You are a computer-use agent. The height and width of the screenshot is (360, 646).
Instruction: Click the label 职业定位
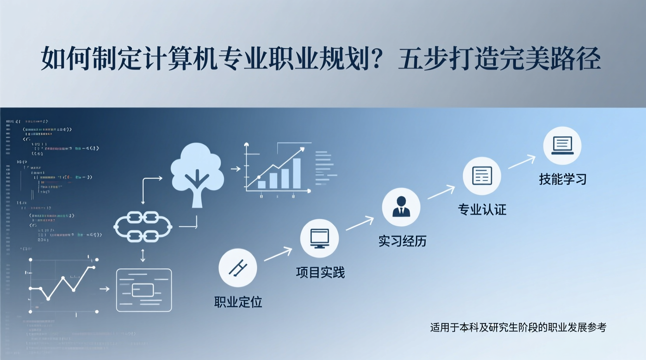238,302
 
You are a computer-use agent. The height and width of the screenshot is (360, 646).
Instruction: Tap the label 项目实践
320,272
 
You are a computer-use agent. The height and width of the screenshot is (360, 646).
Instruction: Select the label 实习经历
402,241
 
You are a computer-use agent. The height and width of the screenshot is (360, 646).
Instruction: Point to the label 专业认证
482,209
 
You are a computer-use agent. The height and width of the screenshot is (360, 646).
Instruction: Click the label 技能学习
563,179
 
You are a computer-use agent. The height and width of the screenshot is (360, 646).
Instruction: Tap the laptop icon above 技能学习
562,146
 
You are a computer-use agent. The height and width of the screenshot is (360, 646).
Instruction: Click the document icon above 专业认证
482,176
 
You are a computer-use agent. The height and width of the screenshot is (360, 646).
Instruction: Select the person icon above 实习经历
401,207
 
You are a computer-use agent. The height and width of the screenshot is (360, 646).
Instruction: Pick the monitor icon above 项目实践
320,238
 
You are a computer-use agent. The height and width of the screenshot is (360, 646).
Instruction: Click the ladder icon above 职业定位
238,268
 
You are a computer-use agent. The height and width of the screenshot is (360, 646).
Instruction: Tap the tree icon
197,173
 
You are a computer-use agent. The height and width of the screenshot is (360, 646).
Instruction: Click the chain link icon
143,227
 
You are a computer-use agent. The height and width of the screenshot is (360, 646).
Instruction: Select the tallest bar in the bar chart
297,173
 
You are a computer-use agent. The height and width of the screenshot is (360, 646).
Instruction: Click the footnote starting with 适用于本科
518,327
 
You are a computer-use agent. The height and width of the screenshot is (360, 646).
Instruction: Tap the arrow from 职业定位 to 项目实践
278,254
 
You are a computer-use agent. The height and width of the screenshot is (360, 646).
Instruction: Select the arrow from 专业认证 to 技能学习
522,162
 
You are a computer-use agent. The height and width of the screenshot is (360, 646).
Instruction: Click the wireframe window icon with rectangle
144,290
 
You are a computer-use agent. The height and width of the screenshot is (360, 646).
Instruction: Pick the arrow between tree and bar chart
236,169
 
